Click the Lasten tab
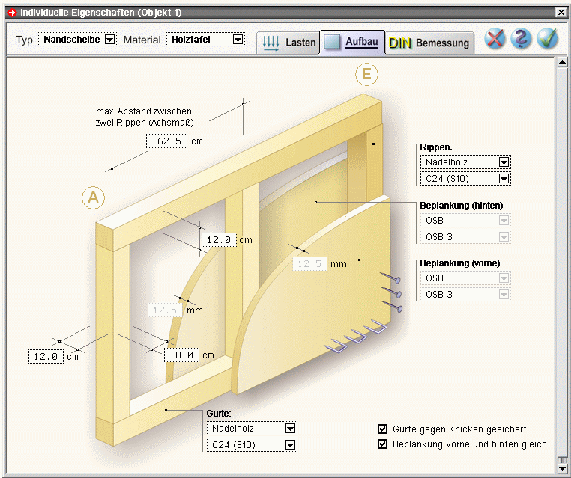[x=288, y=43]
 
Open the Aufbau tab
[x=352, y=42]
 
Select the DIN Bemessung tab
[x=429, y=43]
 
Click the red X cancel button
[x=495, y=39]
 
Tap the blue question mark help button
[x=521, y=39]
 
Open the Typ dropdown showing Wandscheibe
[x=78, y=39]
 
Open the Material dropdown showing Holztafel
[x=206, y=39]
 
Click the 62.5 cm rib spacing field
[x=167, y=141]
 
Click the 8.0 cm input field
[x=181, y=355]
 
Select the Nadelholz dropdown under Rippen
[x=465, y=162]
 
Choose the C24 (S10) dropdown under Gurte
[x=252, y=445]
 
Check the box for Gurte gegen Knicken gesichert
[x=382, y=429]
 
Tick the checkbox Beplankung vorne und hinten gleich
[x=382, y=444]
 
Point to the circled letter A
[x=93, y=197]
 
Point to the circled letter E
[x=366, y=74]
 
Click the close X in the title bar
[x=561, y=13]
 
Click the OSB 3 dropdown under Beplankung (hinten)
[x=465, y=237]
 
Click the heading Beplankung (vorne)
[x=460, y=263]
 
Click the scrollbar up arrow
[x=562, y=62]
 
